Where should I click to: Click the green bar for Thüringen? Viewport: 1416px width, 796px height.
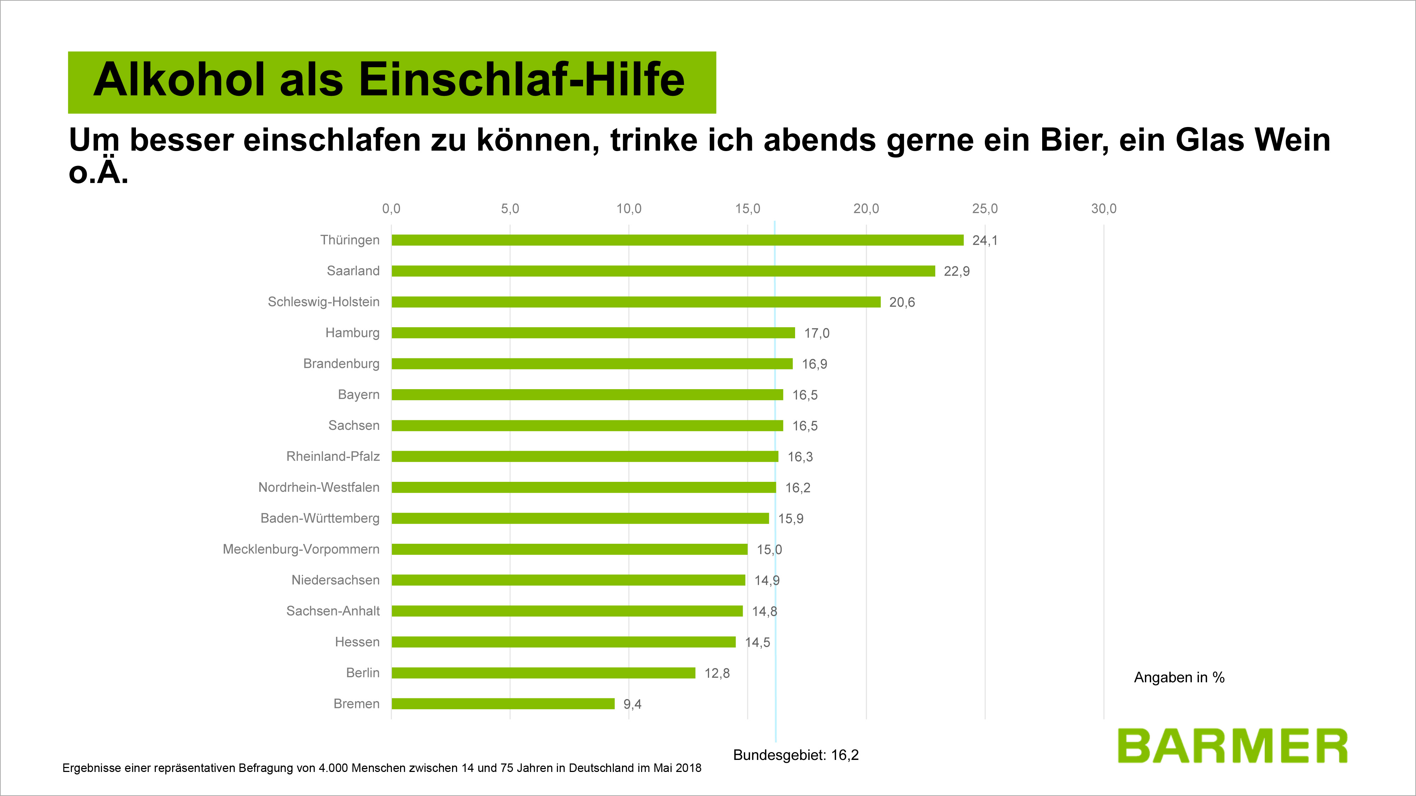677,240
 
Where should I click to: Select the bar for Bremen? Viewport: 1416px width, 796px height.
503,704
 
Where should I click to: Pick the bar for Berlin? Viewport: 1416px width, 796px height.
543,673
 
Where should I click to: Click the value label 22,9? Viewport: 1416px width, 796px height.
957,271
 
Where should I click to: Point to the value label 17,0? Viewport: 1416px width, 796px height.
816,334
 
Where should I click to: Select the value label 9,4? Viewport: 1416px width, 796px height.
632,704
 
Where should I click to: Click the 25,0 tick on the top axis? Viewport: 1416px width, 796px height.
984,209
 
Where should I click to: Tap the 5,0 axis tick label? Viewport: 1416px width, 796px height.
509,209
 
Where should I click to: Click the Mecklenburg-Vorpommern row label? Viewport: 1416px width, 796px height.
301,549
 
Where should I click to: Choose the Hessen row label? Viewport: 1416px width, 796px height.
357,642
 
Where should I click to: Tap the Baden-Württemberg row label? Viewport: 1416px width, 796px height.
320,519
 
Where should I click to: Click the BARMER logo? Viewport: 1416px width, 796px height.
1232,746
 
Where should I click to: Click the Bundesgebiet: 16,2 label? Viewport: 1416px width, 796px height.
795,755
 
